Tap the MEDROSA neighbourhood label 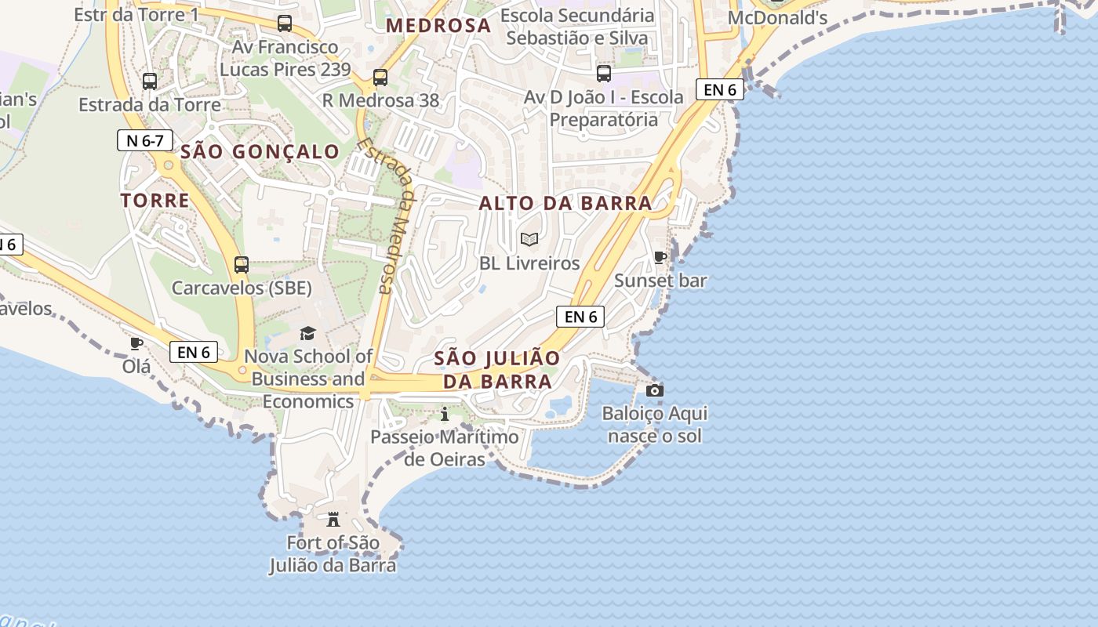click(438, 26)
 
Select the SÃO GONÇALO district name click(260, 152)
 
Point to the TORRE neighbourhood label click(155, 201)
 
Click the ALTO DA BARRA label click(565, 204)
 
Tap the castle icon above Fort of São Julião click(333, 519)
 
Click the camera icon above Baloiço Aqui click(654, 390)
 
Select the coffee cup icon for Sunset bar click(660, 257)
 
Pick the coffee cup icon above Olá click(136, 343)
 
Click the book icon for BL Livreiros click(529, 240)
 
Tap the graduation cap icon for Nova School click(307, 334)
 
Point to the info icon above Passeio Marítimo click(445, 414)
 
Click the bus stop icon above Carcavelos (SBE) click(242, 265)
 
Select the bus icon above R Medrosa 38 click(380, 78)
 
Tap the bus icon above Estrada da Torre click(149, 81)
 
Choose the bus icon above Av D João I click(603, 74)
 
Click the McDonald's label click(777, 18)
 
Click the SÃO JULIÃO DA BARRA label click(497, 370)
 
